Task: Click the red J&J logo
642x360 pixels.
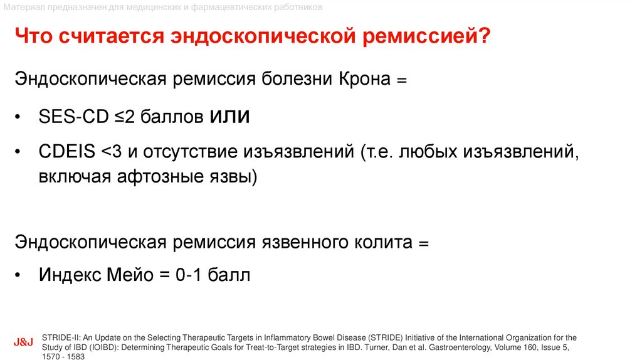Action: click(23, 344)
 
